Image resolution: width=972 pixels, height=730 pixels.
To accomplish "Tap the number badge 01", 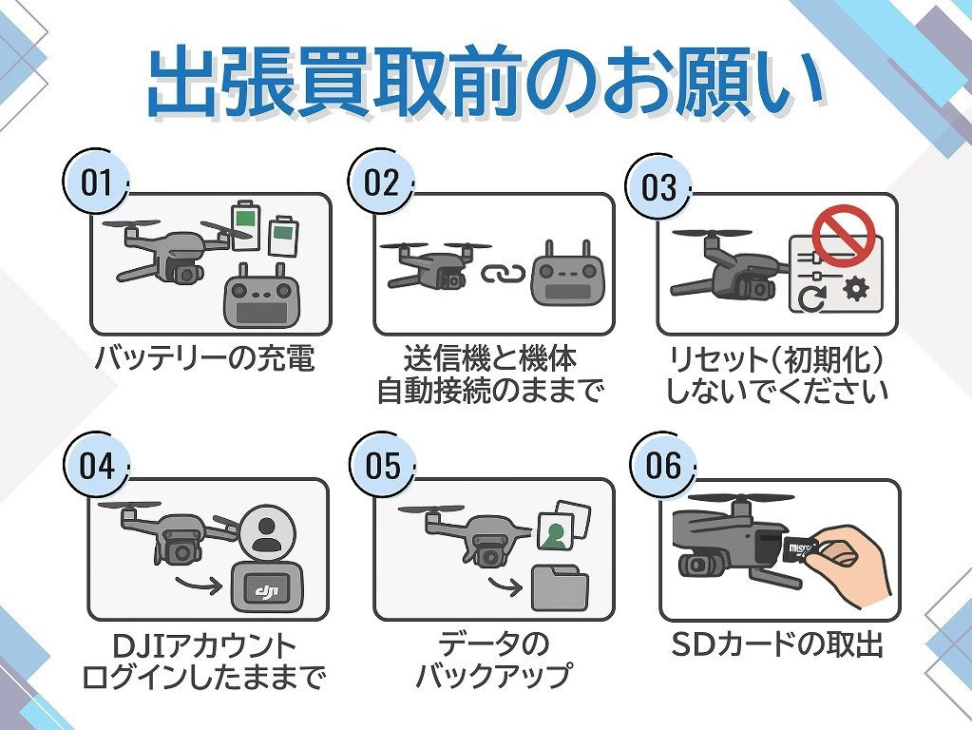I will click(x=96, y=182).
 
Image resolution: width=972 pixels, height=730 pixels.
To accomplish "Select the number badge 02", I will click(x=381, y=182).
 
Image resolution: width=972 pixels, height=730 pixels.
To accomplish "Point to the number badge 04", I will click(x=96, y=466).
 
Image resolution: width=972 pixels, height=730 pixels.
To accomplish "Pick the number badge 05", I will click(x=383, y=466).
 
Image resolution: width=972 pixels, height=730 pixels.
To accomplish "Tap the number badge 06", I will click(x=663, y=465).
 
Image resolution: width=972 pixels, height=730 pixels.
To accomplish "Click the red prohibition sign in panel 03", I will click(x=842, y=235).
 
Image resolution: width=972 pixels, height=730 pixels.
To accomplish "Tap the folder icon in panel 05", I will click(x=560, y=586).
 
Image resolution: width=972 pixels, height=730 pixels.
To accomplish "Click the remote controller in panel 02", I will click(x=567, y=273).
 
